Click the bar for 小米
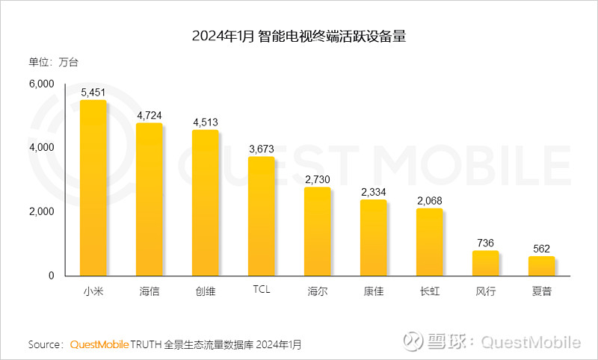tap(93, 188)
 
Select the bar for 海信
tap(149, 199)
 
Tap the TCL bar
tap(261, 217)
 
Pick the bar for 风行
tap(485, 264)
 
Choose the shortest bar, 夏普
tap(541, 267)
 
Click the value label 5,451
tap(93, 93)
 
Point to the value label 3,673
tap(261, 149)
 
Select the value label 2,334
tap(373, 192)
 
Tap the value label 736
tap(485, 243)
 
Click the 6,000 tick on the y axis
tap(41, 84)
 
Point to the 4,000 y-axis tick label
tap(41, 148)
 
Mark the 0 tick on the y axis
tap(51, 276)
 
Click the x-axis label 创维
tap(205, 291)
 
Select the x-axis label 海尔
tap(317, 291)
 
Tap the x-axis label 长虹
tap(429, 291)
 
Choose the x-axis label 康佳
tap(373, 291)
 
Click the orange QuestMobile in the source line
tap(99, 344)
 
